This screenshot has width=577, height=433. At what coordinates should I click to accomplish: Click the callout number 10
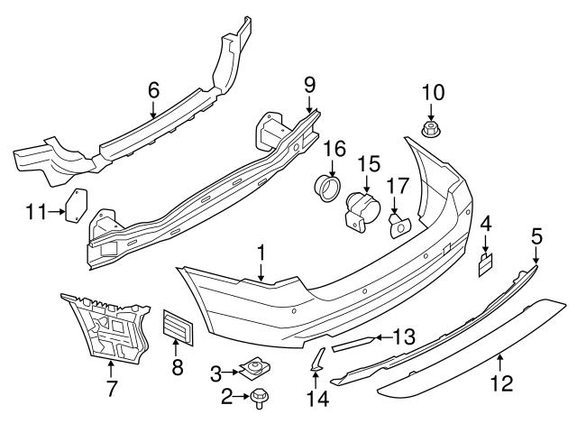click(x=433, y=92)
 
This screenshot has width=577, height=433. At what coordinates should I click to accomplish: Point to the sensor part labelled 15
click(x=363, y=213)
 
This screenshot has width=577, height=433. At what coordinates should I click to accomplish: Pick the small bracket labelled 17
click(x=398, y=224)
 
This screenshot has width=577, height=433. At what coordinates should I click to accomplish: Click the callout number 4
click(x=485, y=223)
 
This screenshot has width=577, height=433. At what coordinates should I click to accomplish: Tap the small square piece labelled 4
click(x=485, y=263)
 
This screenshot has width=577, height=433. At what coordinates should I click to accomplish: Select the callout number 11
click(x=35, y=212)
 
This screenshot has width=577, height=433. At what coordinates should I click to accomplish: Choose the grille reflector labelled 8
click(x=178, y=327)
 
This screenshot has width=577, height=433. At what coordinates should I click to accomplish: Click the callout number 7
click(x=111, y=391)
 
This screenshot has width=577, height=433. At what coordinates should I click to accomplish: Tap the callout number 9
click(x=309, y=86)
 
